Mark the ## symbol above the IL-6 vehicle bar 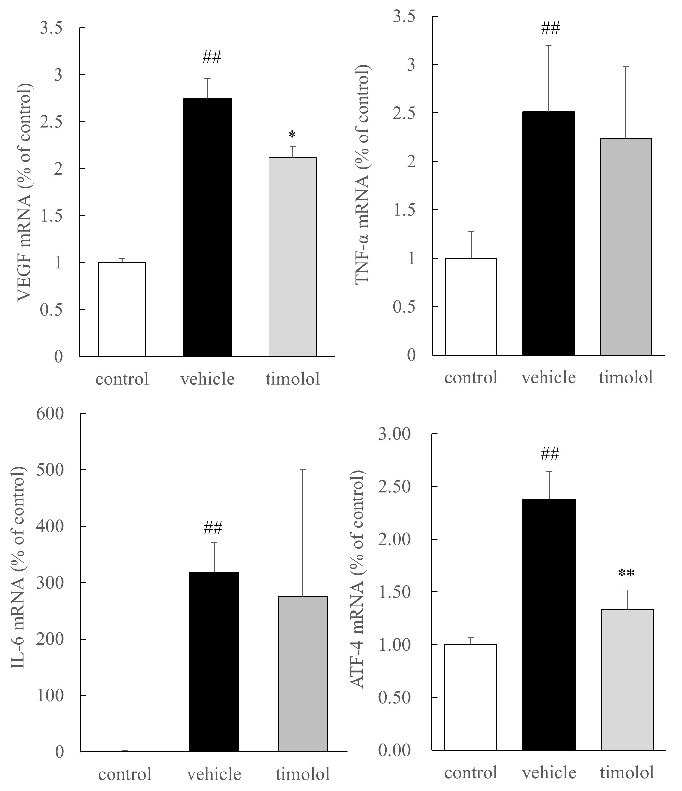tap(213, 528)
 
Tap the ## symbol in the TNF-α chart tap(550, 28)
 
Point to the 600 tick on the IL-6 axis tap(50, 413)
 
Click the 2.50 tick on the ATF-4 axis tap(394, 487)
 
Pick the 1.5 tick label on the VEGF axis tap(52, 216)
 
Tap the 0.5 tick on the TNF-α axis tap(404, 306)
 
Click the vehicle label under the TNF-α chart tap(549, 378)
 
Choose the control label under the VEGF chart tap(122, 379)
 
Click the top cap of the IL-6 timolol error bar tap(303, 469)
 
